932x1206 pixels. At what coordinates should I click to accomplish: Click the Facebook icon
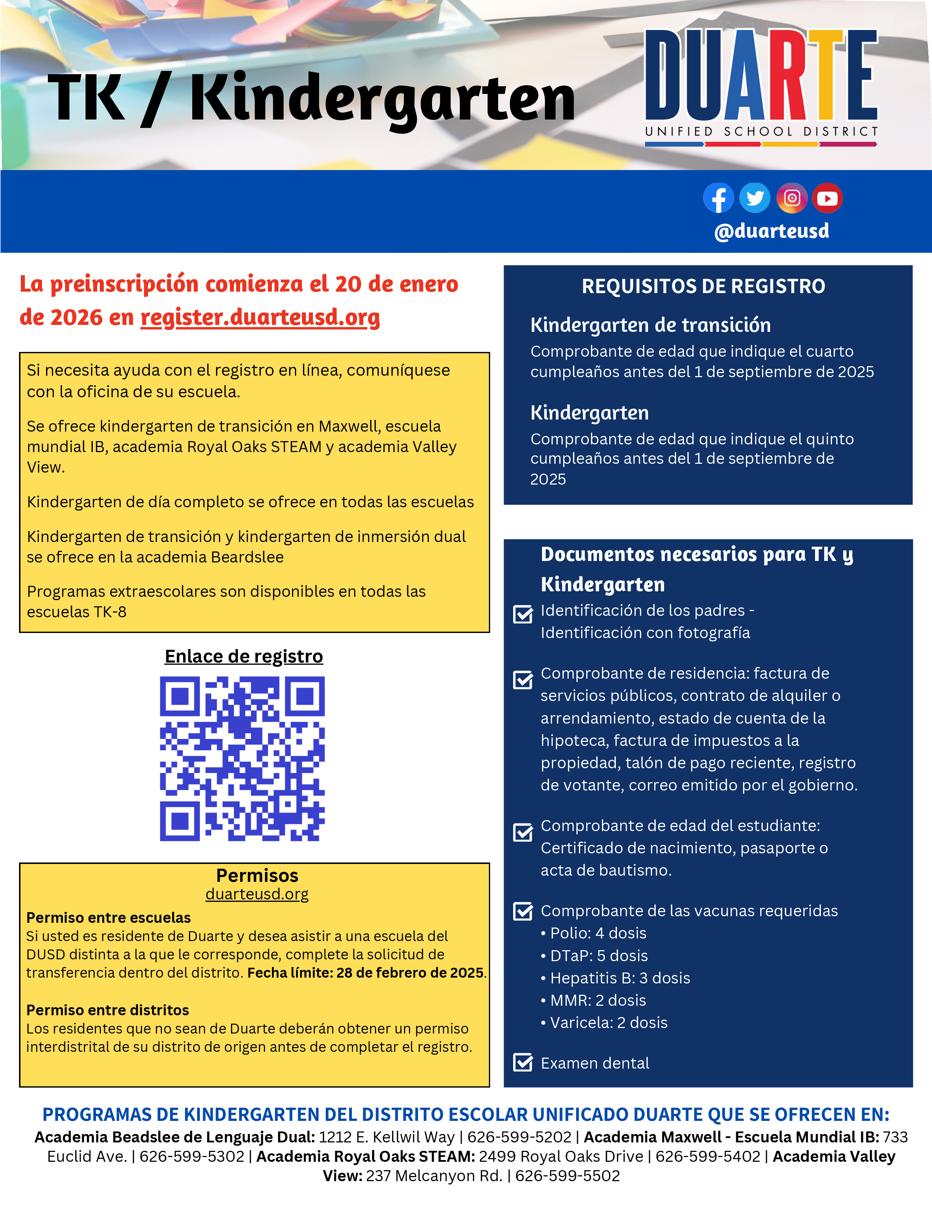(x=718, y=198)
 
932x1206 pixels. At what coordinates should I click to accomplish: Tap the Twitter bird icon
(x=755, y=198)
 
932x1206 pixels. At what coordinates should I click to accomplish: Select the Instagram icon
(x=792, y=198)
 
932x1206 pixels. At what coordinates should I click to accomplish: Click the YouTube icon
(x=827, y=198)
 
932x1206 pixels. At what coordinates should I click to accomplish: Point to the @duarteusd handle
(x=771, y=231)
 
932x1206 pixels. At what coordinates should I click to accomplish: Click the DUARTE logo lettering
(x=761, y=76)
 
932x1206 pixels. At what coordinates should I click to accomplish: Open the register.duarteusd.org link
(x=260, y=318)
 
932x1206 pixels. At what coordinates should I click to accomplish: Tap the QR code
(x=242, y=759)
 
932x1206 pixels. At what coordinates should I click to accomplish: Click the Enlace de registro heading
(x=243, y=656)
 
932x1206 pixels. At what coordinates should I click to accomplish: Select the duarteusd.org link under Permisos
(x=257, y=894)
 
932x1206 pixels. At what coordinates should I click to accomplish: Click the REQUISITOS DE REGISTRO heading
(x=704, y=286)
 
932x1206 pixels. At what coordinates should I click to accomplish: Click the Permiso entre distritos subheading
(x=108, y=1010)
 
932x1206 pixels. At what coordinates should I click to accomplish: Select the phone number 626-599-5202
(x=519, y=1137)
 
